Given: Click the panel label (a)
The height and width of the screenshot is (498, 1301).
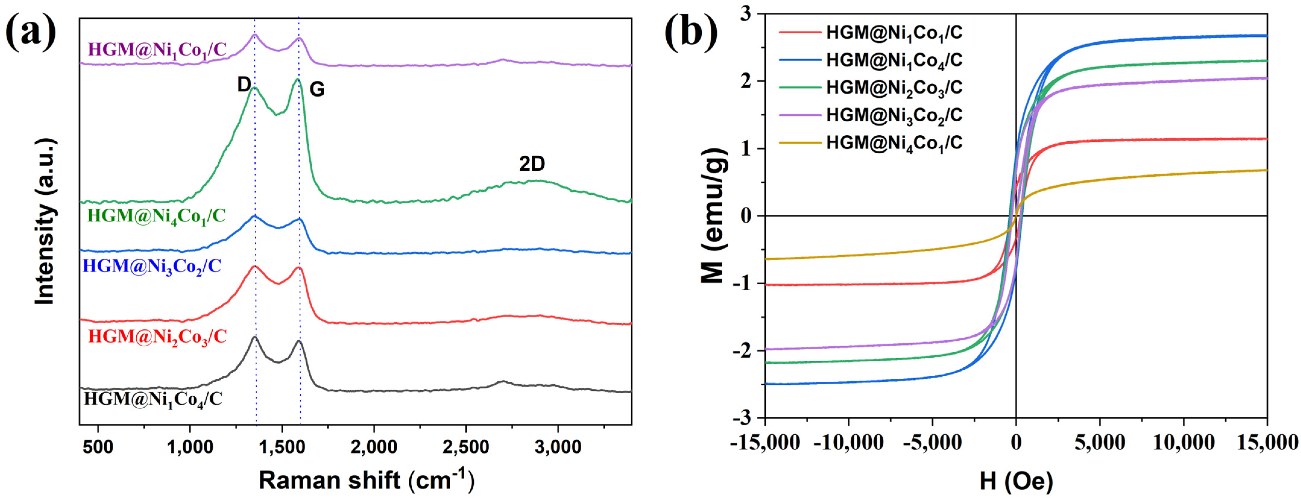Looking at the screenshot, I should pos(31,31).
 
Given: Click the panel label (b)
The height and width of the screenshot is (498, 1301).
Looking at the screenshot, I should pos(690,31).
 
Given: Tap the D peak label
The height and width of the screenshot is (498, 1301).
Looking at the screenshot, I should pos(244,85).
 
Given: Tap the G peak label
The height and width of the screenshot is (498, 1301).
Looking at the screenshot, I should pos(317,89).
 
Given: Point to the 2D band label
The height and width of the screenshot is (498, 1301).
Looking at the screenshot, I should pos(532,164).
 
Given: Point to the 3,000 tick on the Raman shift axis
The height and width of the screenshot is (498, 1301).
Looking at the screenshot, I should pos(558,447).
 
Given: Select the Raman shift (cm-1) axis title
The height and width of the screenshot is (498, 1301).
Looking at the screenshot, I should pos(366,480).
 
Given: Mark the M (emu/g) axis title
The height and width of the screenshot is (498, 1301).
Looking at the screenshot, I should pos(713,216).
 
